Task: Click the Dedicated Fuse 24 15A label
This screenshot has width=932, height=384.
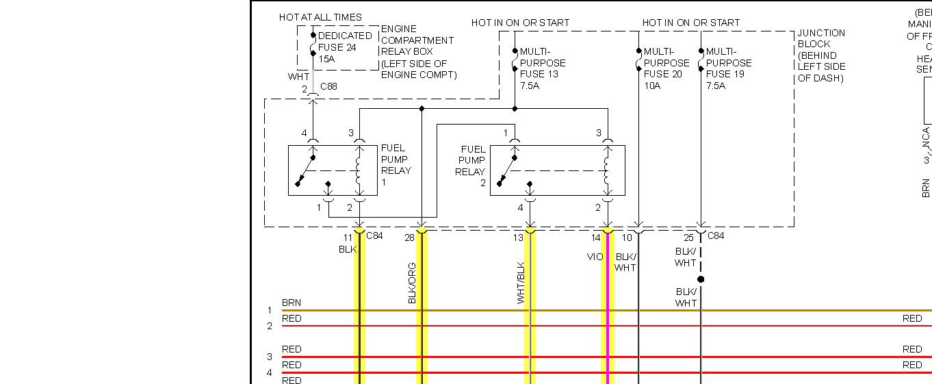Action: (x=344, y=47)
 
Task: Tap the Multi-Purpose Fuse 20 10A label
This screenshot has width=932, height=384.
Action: (x=666, y=68)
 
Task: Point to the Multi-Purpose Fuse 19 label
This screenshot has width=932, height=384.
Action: (x=729, y=68)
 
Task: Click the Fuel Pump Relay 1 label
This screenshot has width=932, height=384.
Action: (x=396, y=165)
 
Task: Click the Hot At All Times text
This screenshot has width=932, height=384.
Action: (x=320, y=17)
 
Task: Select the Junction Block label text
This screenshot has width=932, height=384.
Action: (x=821, y=55)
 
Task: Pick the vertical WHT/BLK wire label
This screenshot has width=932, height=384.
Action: (x=521, y=283)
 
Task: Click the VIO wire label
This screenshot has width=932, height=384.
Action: (x=595, y=257)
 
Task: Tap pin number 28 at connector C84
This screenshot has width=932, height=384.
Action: (x=409, y=238)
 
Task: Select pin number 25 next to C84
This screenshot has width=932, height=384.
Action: (x=688, y=238)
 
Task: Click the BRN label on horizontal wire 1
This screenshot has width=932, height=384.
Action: (x=292, y=303)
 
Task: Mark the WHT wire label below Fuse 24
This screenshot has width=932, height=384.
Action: (x=298, y=77)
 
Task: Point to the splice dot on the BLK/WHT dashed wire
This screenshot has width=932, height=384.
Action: (x=700, y=279)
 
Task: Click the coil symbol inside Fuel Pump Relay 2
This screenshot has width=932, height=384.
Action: (x=606, y=172)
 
